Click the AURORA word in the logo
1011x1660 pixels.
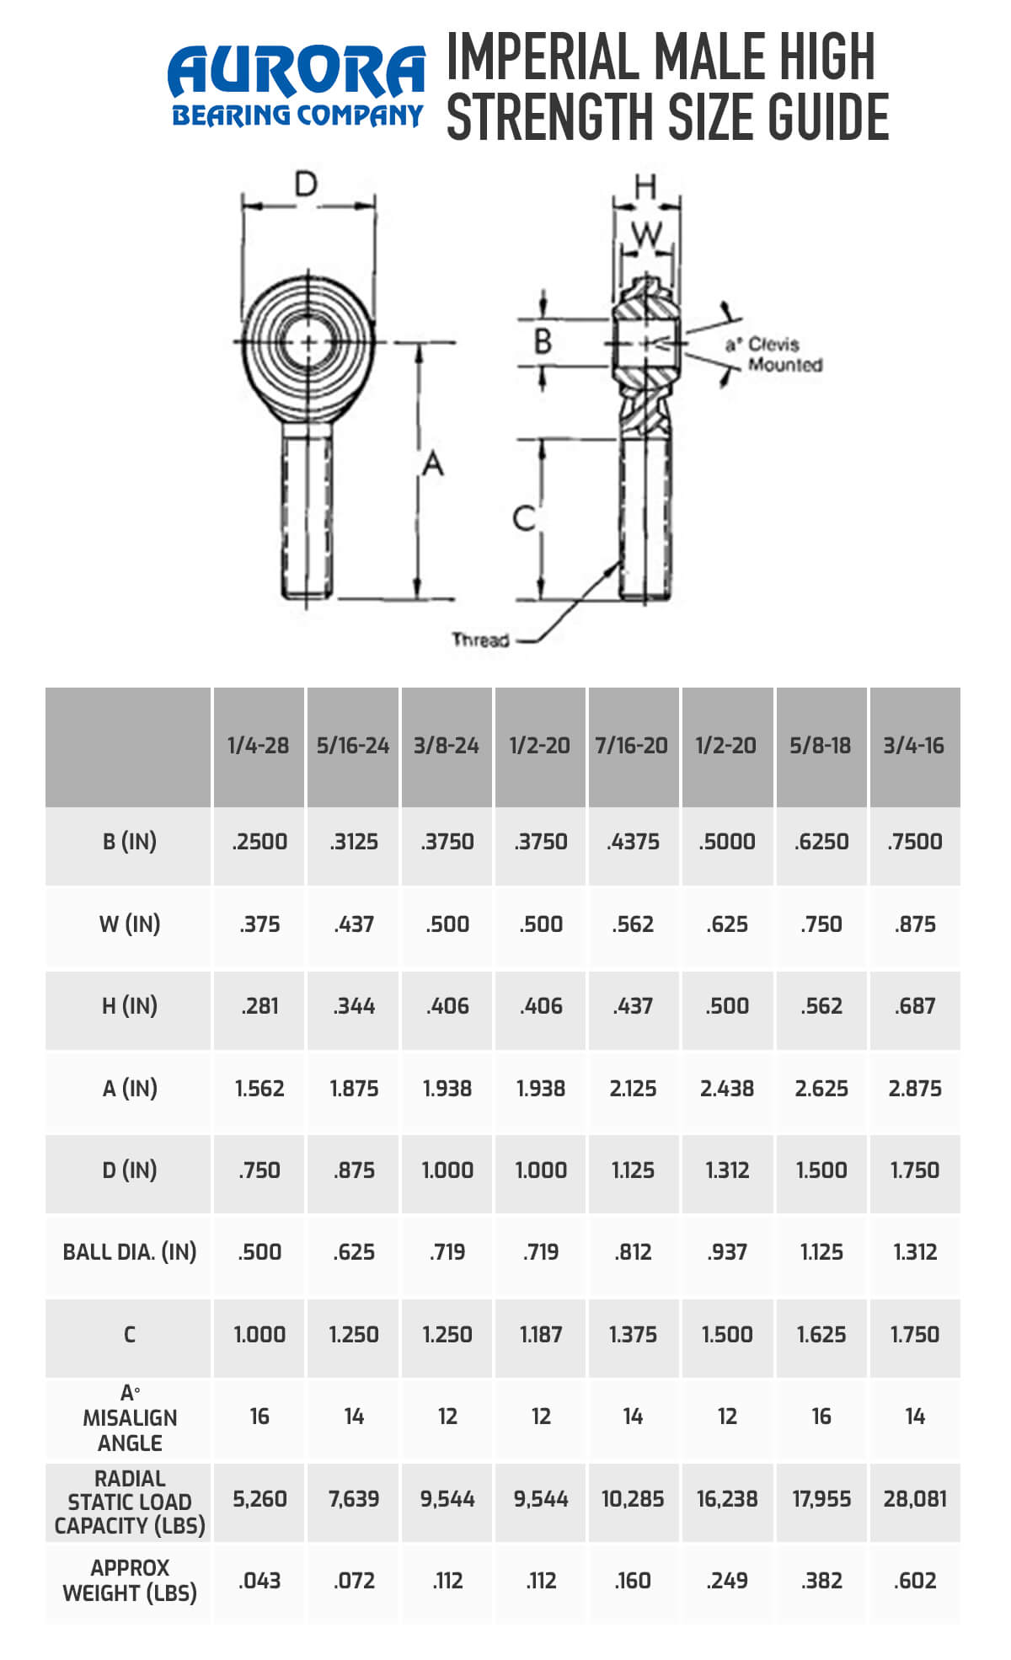point(297,72)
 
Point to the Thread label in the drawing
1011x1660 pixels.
point(480,640)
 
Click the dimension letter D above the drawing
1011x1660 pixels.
point(305,184)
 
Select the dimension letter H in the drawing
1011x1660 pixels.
point(645,186)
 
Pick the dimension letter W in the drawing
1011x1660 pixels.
point(646,233)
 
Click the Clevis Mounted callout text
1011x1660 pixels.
point(773,355)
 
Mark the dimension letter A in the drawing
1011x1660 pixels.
point(432,463)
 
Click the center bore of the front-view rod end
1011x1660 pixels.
point(308,342)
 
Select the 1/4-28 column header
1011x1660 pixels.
point(258,746)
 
